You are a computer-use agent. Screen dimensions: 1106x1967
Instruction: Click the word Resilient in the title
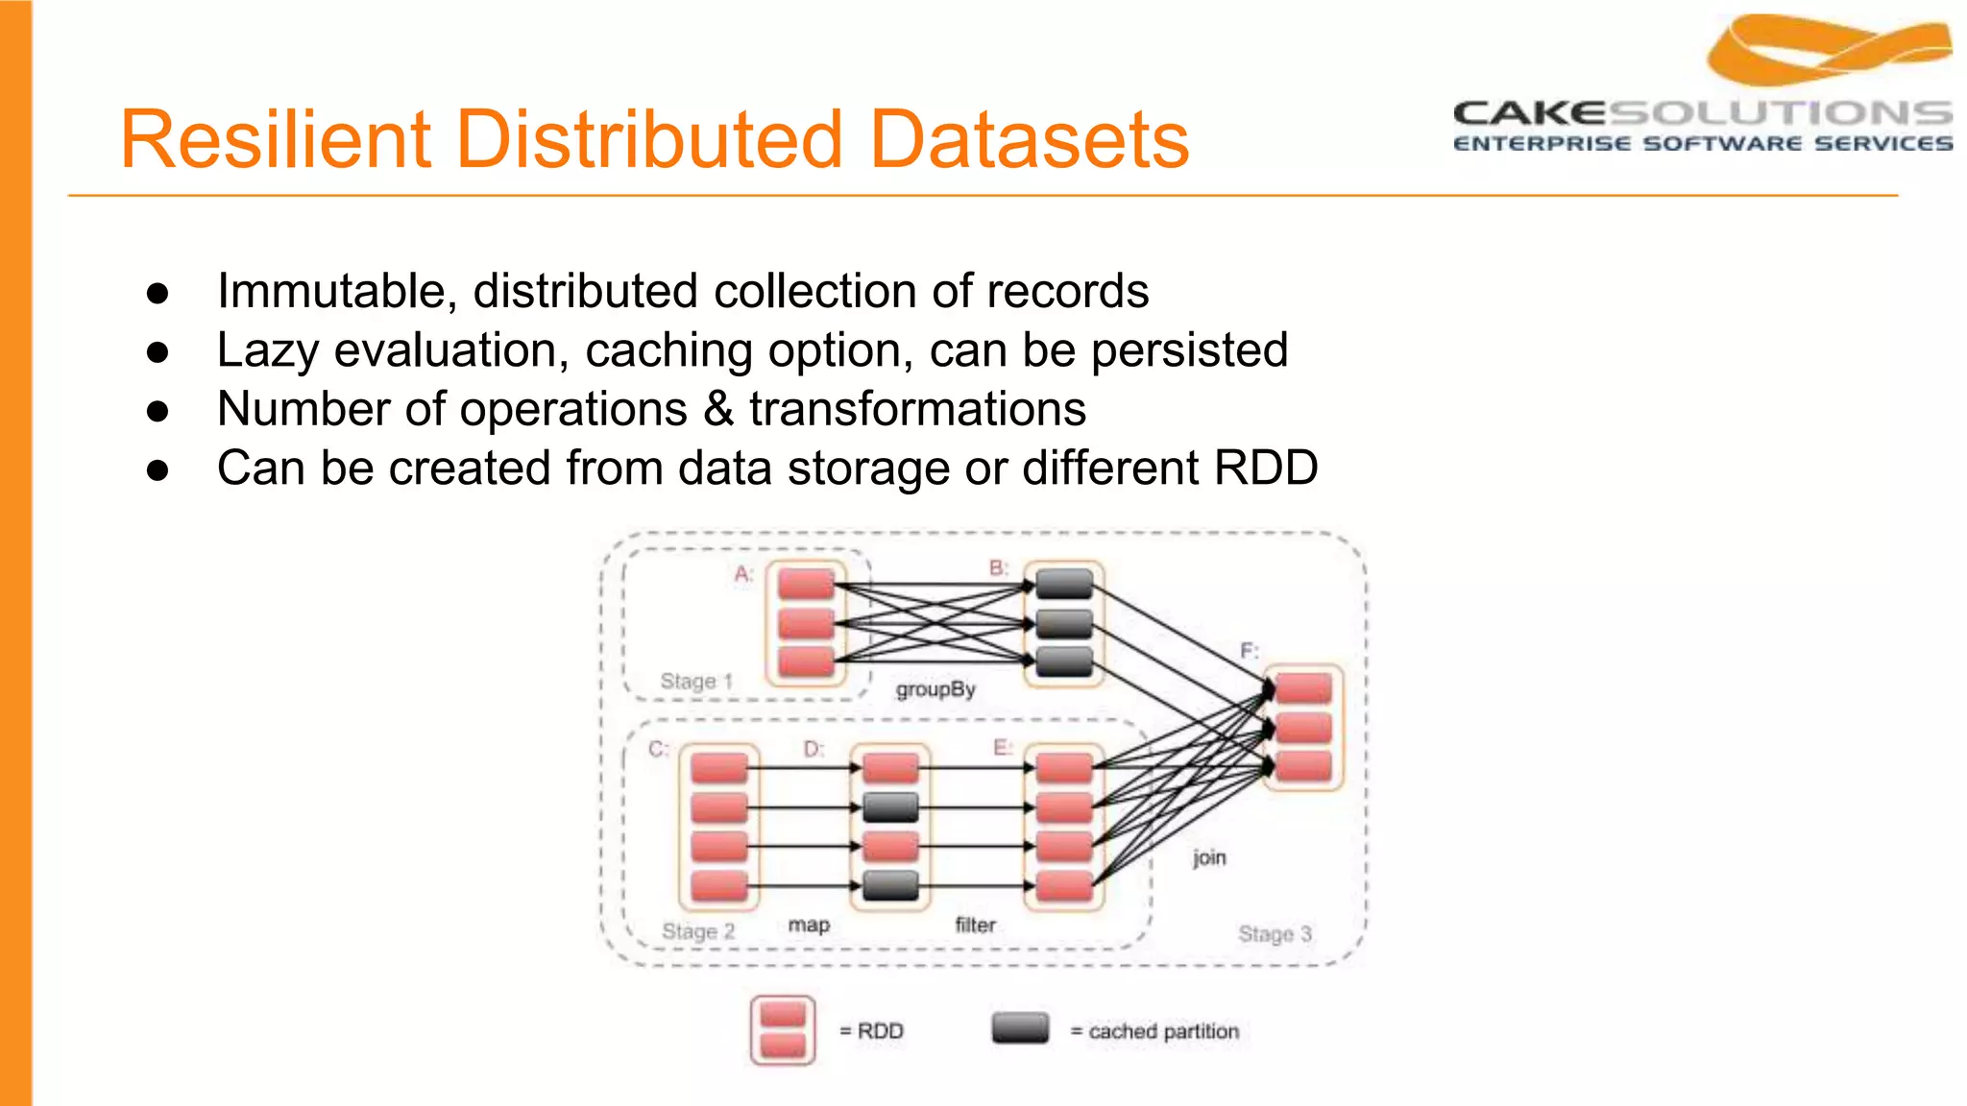(x=273, y=140)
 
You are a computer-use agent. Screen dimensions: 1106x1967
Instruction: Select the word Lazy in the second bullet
(x=267, y=350)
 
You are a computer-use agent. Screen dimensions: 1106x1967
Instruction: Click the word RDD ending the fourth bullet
(x=1265, y=469)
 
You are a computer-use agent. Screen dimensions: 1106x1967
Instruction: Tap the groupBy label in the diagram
(x=935, y=689)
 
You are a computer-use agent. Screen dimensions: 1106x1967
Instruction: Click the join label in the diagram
(x=1209, y=856)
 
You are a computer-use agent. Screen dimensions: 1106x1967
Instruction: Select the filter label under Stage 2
(x=975, y=925)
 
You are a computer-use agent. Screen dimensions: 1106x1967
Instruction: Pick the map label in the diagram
(x=809, y=925)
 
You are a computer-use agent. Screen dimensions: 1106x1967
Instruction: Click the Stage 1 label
(x=696, y=682)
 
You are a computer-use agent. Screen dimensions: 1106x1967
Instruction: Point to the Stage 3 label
(x=1275, y=933)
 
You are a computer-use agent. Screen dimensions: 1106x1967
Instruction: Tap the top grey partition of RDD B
(x=1064, y=583)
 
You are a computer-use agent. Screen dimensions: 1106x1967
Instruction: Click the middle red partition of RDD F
(x=1303, y=728)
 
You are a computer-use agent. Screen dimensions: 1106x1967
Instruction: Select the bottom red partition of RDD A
(x=806, y=661)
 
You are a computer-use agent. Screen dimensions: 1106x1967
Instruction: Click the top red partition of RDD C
(x=718, y=768)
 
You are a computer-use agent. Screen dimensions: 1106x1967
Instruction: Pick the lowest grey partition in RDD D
(x=890, y=885)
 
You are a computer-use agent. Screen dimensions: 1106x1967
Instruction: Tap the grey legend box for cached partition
(x=1020, y=1028)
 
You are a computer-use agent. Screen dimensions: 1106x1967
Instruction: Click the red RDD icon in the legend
(x=783, y=1030)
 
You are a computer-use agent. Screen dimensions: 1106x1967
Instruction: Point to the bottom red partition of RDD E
(x=1064, y=885)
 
